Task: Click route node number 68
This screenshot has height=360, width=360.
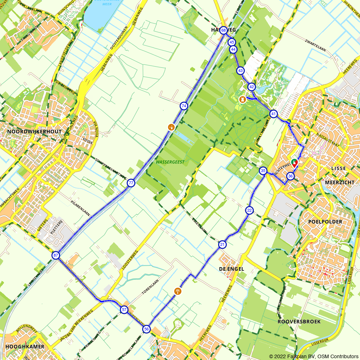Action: pos(224,31)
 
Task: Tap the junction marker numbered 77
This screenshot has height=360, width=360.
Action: pos(131,183)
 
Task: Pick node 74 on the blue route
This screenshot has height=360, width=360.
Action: pos(184,106)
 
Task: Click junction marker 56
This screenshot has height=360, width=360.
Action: pos(147,329)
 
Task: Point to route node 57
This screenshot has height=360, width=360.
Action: pos(124,310)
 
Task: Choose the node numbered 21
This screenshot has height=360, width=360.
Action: pos(222,245)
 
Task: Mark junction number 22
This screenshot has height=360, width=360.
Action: pos(249,210)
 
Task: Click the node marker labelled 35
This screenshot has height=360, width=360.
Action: pos(263,171)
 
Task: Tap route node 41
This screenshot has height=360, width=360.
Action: pos(274,114)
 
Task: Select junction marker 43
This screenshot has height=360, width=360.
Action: pos(240,71)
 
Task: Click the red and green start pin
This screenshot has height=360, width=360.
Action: pos(294,163)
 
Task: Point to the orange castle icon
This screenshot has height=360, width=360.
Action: pos(243,99)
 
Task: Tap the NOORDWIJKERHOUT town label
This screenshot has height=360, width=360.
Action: pos(35,132)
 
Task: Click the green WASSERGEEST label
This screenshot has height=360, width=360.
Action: pos(170,162)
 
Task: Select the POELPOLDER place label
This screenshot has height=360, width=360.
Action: pos(325,222)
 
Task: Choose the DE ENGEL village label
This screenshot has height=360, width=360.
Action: pos(231,269)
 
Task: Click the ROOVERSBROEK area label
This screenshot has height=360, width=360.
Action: pos(299,321)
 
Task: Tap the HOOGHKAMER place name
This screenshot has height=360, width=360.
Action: pos(25,347)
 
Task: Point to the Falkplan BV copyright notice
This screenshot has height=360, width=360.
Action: pos(314,356)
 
